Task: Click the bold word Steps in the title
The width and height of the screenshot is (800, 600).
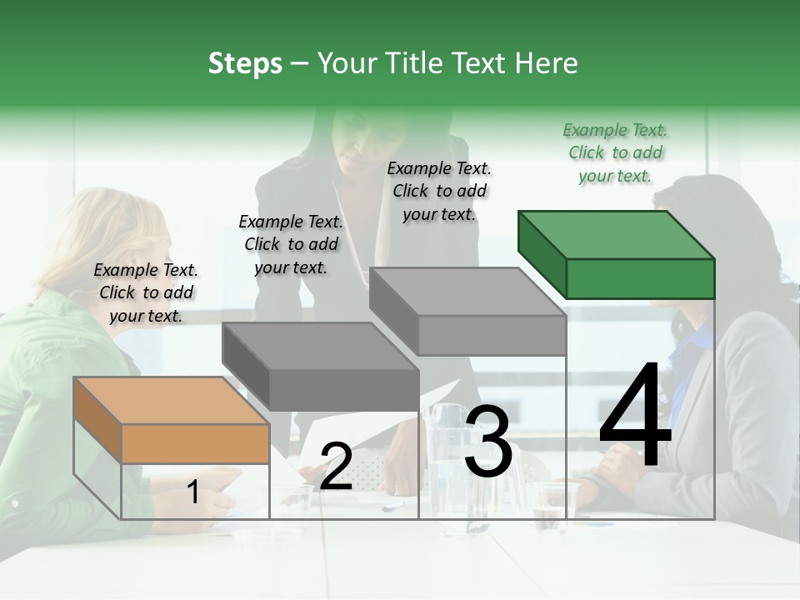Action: tap(245, 63)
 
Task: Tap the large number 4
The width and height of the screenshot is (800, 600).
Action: tap(635, 417)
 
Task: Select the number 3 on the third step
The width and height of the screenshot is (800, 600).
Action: tap(487, 442)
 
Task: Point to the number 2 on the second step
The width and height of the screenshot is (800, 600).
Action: tap(336, 467)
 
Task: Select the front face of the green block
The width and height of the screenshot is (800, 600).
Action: tap(640, 278)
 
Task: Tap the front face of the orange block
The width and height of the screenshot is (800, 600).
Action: tap(195, 443)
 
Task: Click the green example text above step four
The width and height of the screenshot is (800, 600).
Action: tap(615, 152)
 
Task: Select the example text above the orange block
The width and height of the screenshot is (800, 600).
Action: tap(146, 292)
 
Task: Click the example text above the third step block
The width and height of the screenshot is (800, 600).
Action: tap(439, 191)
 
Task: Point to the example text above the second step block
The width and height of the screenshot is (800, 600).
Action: tap(291, 244)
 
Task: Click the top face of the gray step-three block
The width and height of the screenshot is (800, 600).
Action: tap(467, 291)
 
